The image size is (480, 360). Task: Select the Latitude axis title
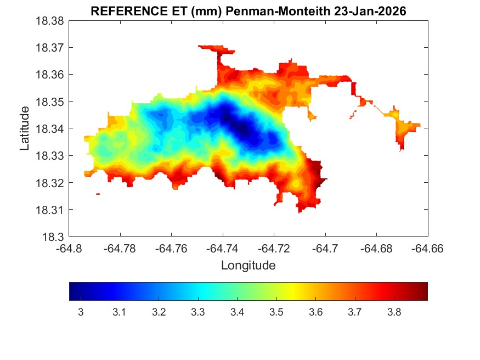pos(24,128)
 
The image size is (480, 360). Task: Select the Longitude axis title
pos(248,266)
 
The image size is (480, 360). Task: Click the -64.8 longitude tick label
pos(70,249)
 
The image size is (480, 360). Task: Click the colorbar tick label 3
pos(81,312)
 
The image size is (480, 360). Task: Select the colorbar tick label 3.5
pos(276,312)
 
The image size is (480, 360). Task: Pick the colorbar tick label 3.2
pos(159,312)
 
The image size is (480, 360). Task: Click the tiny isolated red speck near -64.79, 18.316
pos(98,194)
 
